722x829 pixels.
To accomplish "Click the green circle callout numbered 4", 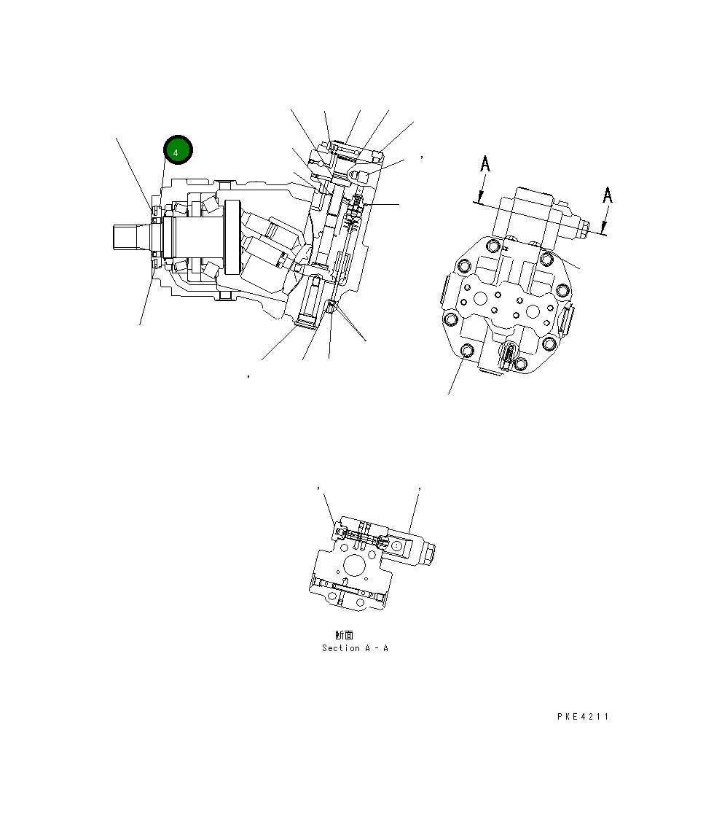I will (178, 149).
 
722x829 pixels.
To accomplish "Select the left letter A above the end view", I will (485, 166).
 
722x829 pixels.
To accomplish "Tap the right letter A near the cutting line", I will (607, 195).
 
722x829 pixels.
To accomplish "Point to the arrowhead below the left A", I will (479, 198).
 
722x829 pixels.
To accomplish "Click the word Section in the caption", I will (340, 648).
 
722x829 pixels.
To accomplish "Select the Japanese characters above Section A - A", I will (344, 635).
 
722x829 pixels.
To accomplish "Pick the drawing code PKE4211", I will (582, 717).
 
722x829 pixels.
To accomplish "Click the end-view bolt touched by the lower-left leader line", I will (468, 353).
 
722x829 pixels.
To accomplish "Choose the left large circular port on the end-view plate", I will (480, 299).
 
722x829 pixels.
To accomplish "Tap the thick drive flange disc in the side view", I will (233, 238).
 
